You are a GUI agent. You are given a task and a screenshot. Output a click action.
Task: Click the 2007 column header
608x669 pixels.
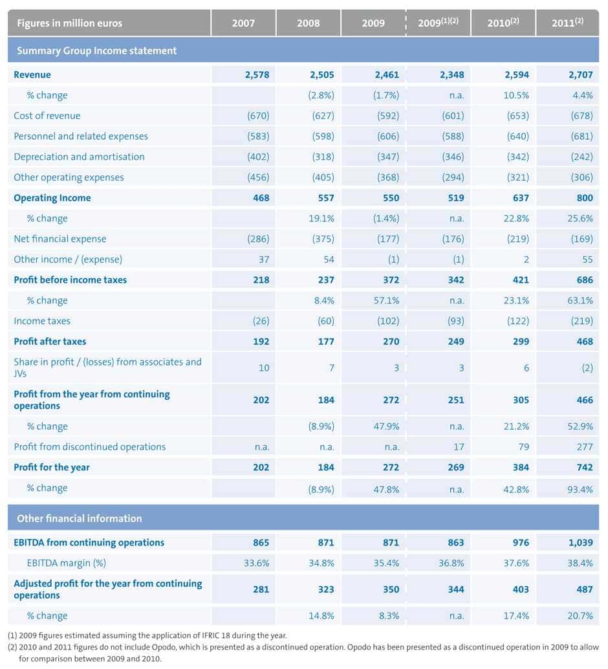click(243, 23)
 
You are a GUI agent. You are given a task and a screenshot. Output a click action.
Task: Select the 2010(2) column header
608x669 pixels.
click(503, 23)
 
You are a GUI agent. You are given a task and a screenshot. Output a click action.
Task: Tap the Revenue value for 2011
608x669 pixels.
click(581, 74)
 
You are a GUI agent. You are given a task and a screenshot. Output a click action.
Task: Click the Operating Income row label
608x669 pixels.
click(52, 198)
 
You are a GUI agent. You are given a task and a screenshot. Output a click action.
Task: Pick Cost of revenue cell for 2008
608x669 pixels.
click(322, 116)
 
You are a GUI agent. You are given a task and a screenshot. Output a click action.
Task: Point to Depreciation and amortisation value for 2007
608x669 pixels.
click(258, 157)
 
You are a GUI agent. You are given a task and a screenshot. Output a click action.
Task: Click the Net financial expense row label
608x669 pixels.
click(60, 239)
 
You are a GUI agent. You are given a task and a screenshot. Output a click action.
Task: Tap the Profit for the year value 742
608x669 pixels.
click(584, 467)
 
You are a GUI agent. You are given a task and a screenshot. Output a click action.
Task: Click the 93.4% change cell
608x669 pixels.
click(580, 488)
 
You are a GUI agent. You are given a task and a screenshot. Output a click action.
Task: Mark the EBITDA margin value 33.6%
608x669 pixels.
click(256, 563)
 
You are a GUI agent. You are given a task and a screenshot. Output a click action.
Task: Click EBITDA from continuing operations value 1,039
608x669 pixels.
click(580, 543)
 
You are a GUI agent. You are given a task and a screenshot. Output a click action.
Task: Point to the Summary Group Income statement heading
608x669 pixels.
click(96, 50)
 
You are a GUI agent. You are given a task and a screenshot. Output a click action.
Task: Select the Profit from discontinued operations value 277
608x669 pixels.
click(584, 447)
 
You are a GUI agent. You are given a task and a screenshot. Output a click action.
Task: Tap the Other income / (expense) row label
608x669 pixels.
click(68, 259)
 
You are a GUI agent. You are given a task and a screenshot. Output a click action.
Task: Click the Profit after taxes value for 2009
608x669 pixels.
click(391, 342)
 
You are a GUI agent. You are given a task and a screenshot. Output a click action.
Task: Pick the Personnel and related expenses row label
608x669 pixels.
click(81, 137)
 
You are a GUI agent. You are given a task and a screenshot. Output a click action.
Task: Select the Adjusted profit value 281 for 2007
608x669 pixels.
click(261, 589)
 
